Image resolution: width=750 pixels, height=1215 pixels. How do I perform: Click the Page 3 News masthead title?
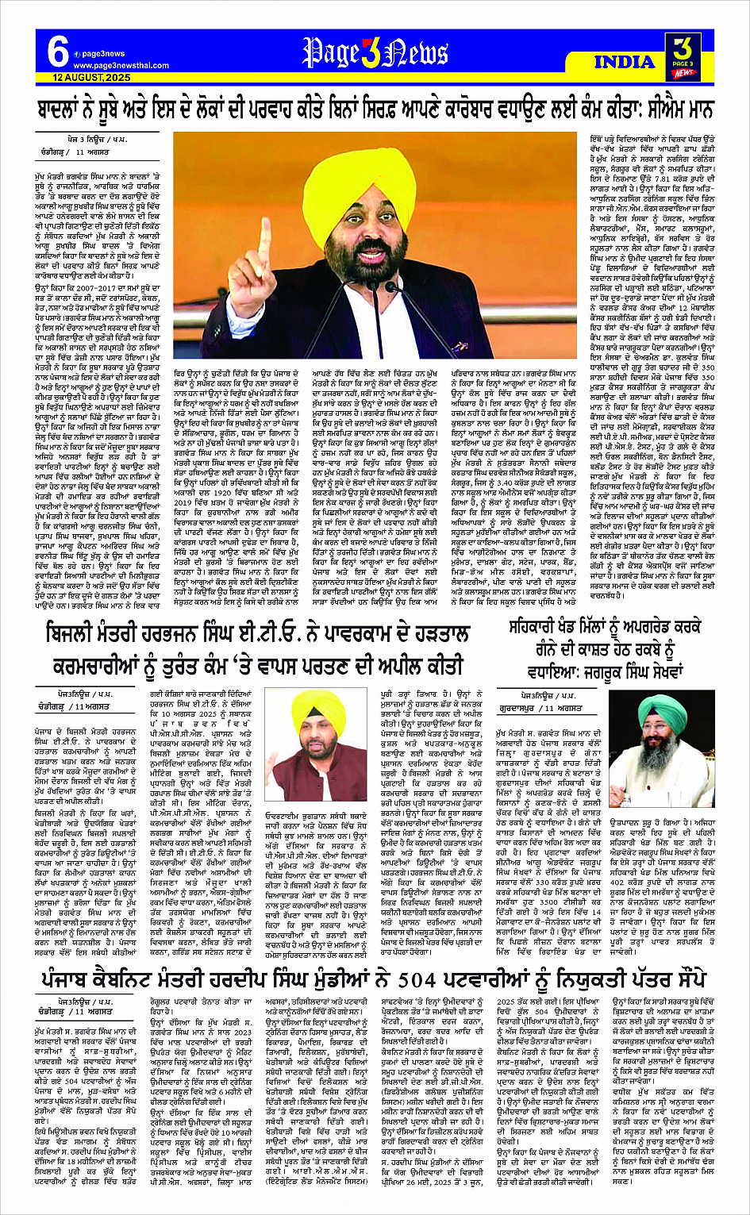(x=375, y=53)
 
